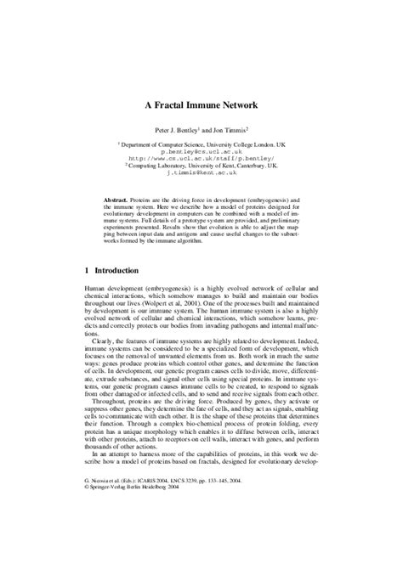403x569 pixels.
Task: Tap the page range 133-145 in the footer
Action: (x=255, y=527)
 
